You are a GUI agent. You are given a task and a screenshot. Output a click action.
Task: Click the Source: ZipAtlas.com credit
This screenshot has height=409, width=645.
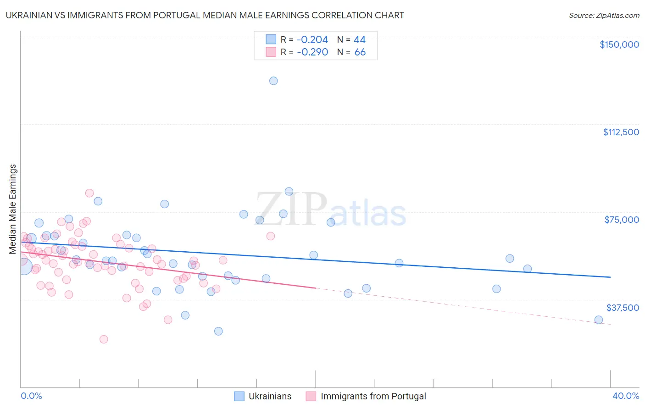tap(604, 15)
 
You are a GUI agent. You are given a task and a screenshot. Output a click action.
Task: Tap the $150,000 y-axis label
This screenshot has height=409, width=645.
tap(619, 44)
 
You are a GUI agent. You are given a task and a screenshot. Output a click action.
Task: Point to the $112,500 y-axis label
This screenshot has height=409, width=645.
tap(621, 132)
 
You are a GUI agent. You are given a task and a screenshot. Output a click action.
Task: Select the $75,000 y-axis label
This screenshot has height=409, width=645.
tap(622, 220)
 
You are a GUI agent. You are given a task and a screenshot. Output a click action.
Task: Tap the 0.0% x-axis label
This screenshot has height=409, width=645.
tap(32, 396)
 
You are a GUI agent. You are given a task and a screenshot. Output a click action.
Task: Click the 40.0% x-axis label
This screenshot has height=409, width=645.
tap(625, 396)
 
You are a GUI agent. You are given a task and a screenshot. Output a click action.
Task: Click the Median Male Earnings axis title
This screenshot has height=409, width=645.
tap(12, 209)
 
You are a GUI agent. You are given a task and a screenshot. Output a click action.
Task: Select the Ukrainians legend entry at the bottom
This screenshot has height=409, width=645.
tap(263, 396)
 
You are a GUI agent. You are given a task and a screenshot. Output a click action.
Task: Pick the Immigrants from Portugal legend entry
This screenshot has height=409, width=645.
tap(366, 396)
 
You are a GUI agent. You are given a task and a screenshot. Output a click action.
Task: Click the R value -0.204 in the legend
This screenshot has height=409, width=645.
tap(312, 40)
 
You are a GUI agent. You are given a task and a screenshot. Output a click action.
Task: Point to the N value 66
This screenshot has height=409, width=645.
tap(360, 52)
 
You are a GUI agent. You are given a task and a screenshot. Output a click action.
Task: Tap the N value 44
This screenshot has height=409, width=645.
tap(360, 40)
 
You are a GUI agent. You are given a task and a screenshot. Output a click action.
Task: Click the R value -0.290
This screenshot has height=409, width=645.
tap(312, 52)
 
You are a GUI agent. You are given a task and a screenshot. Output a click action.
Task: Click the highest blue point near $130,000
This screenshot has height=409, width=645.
tap(273, 81)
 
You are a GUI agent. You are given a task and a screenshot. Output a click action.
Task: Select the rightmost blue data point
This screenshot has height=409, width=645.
tap(598, 320)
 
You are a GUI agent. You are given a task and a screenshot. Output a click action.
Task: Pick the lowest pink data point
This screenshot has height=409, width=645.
tap(104, 339)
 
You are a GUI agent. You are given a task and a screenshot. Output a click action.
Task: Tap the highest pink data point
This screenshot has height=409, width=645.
tap(89, 193)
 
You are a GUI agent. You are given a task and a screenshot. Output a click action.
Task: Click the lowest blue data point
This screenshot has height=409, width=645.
tap(218, 331)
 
